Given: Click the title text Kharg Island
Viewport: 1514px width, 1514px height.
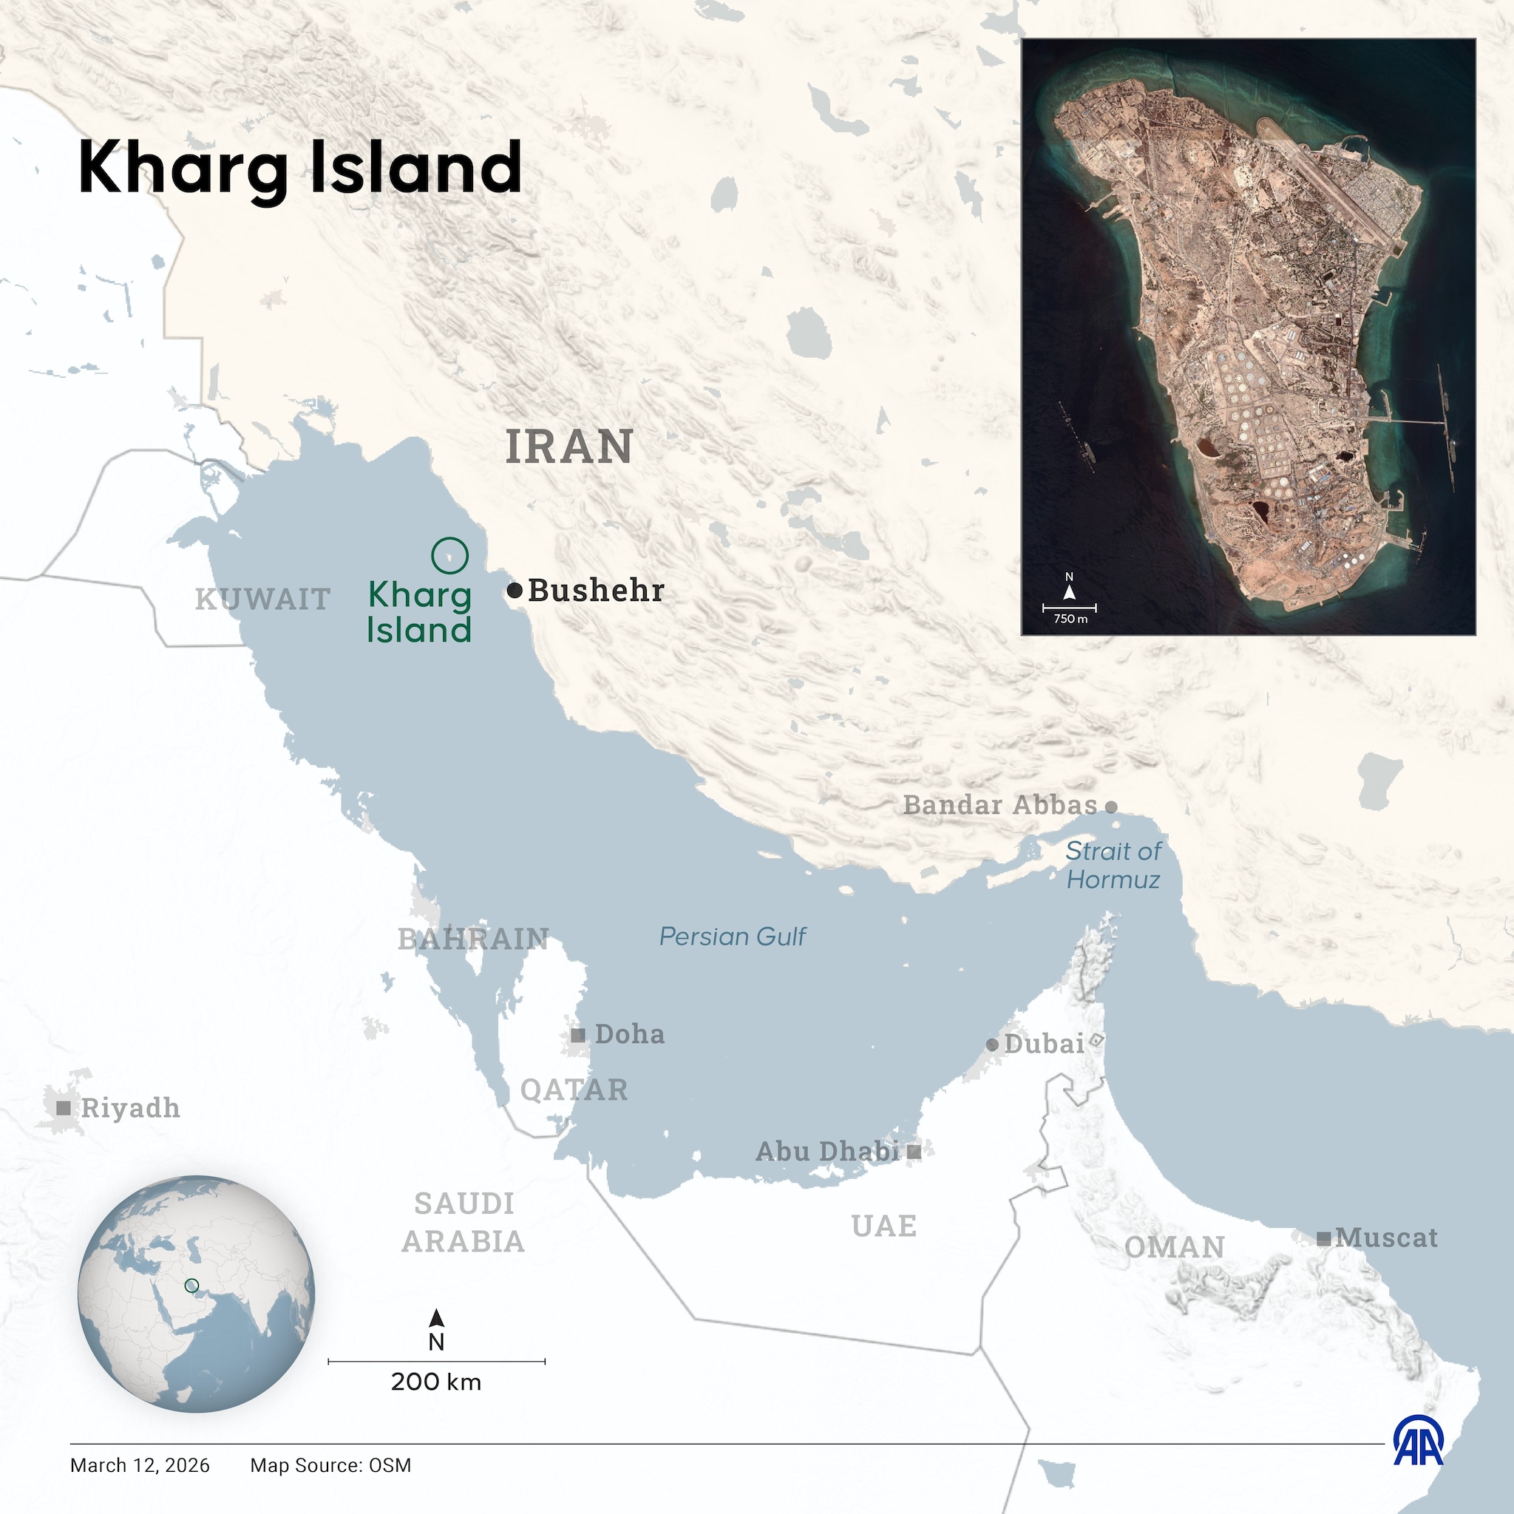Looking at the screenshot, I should [x=299, y=168].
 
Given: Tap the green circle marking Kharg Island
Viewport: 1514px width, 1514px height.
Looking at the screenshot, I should [x=449, y=556].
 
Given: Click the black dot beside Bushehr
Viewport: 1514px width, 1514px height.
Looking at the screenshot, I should [x=514, y=590].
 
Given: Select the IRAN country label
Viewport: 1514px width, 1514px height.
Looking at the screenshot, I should [x=569, y=447].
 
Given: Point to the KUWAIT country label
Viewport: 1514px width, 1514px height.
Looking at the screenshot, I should [x=262, y=600].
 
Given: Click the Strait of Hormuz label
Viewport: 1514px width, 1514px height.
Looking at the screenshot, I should [x=1113, y=865].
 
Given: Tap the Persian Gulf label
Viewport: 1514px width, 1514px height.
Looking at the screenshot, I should [x=732, y=937].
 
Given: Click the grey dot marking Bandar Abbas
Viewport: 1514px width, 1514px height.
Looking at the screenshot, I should [x=1110, y=807].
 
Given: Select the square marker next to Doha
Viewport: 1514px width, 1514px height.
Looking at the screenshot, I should [x=577, y=1035].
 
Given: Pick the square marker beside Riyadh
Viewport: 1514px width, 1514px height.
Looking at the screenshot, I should [x=64, y=1108].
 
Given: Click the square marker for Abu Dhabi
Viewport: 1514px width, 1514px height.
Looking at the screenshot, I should [x=914, y=1151].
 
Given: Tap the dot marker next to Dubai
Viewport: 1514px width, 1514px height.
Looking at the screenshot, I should [x=992, y=1045].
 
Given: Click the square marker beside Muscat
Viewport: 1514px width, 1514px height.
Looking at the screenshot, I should [x=1323, y=1239].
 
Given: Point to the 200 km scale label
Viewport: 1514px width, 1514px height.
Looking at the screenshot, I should [x=435, y=1382].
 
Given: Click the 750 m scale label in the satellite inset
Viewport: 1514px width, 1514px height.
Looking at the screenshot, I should [x=1070, y=618].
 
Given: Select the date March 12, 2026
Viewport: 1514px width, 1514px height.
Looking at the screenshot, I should [x=140, y=1465].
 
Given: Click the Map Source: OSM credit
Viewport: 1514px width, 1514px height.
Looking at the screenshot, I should [x=330, y=1465].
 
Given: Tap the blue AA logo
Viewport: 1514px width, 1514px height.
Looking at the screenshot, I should [x=1419, y=1462].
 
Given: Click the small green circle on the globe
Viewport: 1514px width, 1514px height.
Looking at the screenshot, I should [x=191, y=1286].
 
